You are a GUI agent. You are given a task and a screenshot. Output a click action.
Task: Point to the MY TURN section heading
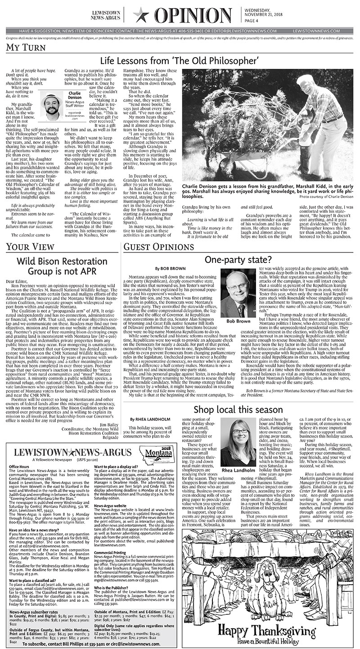click(x=22, y=47)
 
